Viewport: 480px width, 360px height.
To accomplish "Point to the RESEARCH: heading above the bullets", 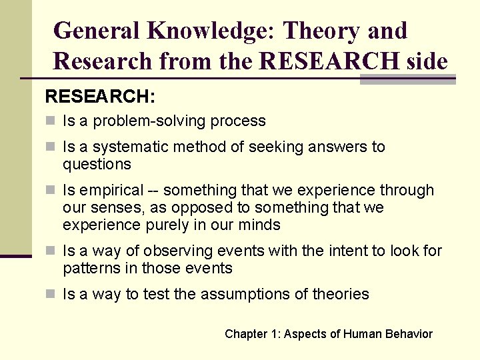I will click(100, 97).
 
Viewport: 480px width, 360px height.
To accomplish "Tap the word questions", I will click(97, 164).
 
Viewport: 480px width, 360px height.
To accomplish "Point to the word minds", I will click(261, 225).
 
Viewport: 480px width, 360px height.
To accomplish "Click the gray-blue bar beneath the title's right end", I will click(407, 79).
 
